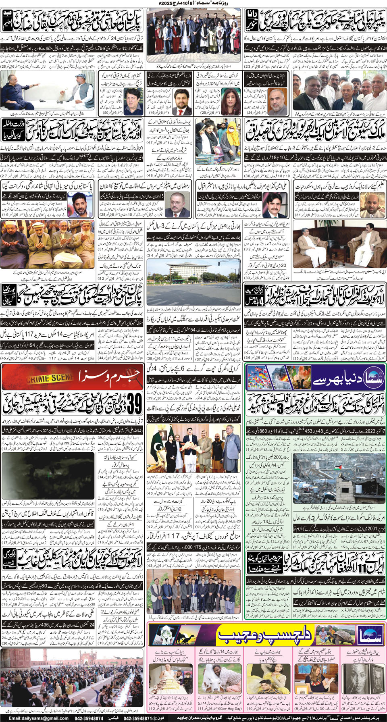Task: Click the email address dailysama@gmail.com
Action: point(39,718)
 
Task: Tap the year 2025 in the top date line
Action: point(164,3)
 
